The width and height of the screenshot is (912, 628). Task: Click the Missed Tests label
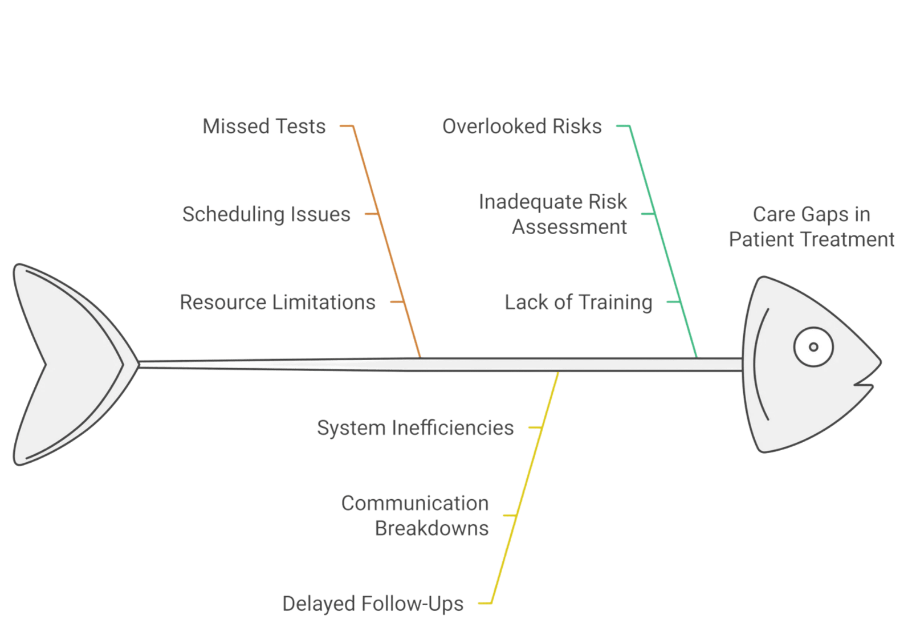264,126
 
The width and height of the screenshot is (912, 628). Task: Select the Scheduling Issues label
266,214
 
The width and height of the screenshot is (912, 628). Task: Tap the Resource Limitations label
277,302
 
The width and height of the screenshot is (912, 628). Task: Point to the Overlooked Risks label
522,126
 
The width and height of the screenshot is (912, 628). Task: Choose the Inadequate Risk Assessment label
553,214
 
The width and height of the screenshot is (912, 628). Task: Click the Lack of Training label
579,302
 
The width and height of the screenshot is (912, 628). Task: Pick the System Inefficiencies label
416,428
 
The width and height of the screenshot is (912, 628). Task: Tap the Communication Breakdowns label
415,516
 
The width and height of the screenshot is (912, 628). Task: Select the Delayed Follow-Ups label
373,603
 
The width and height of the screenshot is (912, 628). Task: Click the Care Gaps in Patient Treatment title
812,227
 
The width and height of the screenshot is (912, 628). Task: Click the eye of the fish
813,346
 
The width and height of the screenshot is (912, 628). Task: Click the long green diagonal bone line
663,242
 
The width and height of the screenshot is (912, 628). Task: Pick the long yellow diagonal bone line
525,487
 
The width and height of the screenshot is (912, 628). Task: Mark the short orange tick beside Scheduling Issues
372,214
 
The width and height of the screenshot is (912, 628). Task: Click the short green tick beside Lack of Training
674,301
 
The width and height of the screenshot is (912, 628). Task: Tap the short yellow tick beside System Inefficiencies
535,427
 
